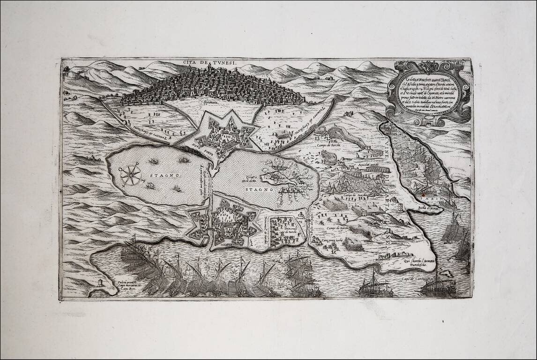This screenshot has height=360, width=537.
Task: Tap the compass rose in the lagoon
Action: (x=131, y=175)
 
